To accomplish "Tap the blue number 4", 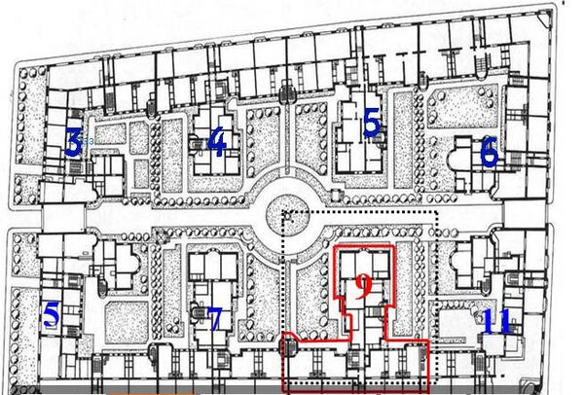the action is pyautogui.click(x=217, y=141).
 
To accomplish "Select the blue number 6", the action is pyautogui.click(x=490, y=151).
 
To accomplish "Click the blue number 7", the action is pyautogui.click(x=214, y=320).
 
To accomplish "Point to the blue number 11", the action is pyautogui.click(x=496, y=321).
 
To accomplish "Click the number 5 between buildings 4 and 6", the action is pyautogui.click(x=371, y=122).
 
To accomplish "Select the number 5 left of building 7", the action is pyautogui.click(x=52, y=314).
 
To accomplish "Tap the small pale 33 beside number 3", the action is pyautogui.click(x=89, y=141).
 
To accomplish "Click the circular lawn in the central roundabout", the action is pyautogui.click(x=287, y=216).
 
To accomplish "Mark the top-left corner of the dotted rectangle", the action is pyautogui.click(x=284, y=212).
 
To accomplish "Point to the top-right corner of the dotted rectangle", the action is pyautogui.click(x=436, y=212).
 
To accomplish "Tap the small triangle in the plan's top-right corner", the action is pyautogui.click(x=545, y=19).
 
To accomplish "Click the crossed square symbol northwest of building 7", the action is pyautogui.click(x=161, y=236).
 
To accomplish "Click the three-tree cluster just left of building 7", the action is pyautogui.click(x=172, y=328).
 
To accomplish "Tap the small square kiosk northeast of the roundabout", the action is pyautogui.click(x=336, y=195).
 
